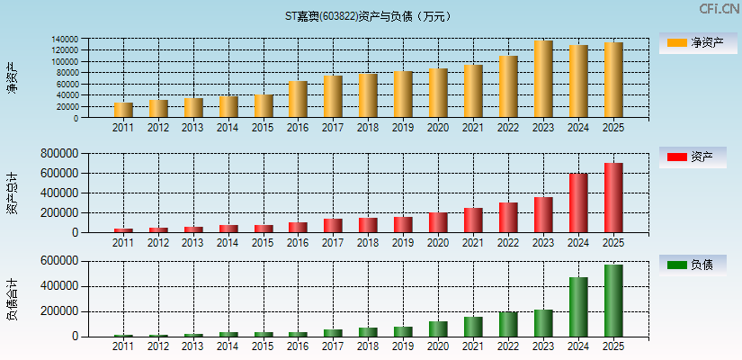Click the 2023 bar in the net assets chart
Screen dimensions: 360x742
(x=542, y=79)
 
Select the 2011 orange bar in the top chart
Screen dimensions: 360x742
(x=123, y=110)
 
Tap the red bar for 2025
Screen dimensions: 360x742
(x=612, y=198)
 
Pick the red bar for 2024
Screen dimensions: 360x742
(x=577, y=203)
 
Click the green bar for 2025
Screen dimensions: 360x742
(x=612, y=301)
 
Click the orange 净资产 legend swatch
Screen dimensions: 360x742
(x=676, y=42)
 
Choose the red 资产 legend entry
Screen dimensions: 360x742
(x=676, y=157)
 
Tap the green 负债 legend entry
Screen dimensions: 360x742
(x=676, y=265)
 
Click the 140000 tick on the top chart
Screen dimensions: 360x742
(x=90, y=40)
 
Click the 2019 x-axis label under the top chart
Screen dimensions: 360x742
(x=403, y=128)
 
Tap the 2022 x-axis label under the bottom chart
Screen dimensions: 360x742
(x=508, y=346)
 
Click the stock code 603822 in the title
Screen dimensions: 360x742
(x=338, y=16)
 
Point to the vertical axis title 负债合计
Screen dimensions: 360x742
(x=12, y=300)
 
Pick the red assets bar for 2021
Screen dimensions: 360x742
(x=473, y=220)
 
